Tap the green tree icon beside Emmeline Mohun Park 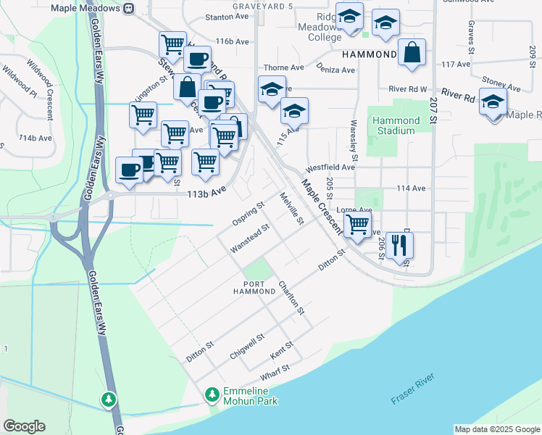point(212,395)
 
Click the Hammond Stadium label point(396,125)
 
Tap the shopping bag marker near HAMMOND point(412,53)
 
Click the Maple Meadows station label point(86,8)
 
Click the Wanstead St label point(250,237)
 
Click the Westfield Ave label point(330,167)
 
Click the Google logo point(25,426)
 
